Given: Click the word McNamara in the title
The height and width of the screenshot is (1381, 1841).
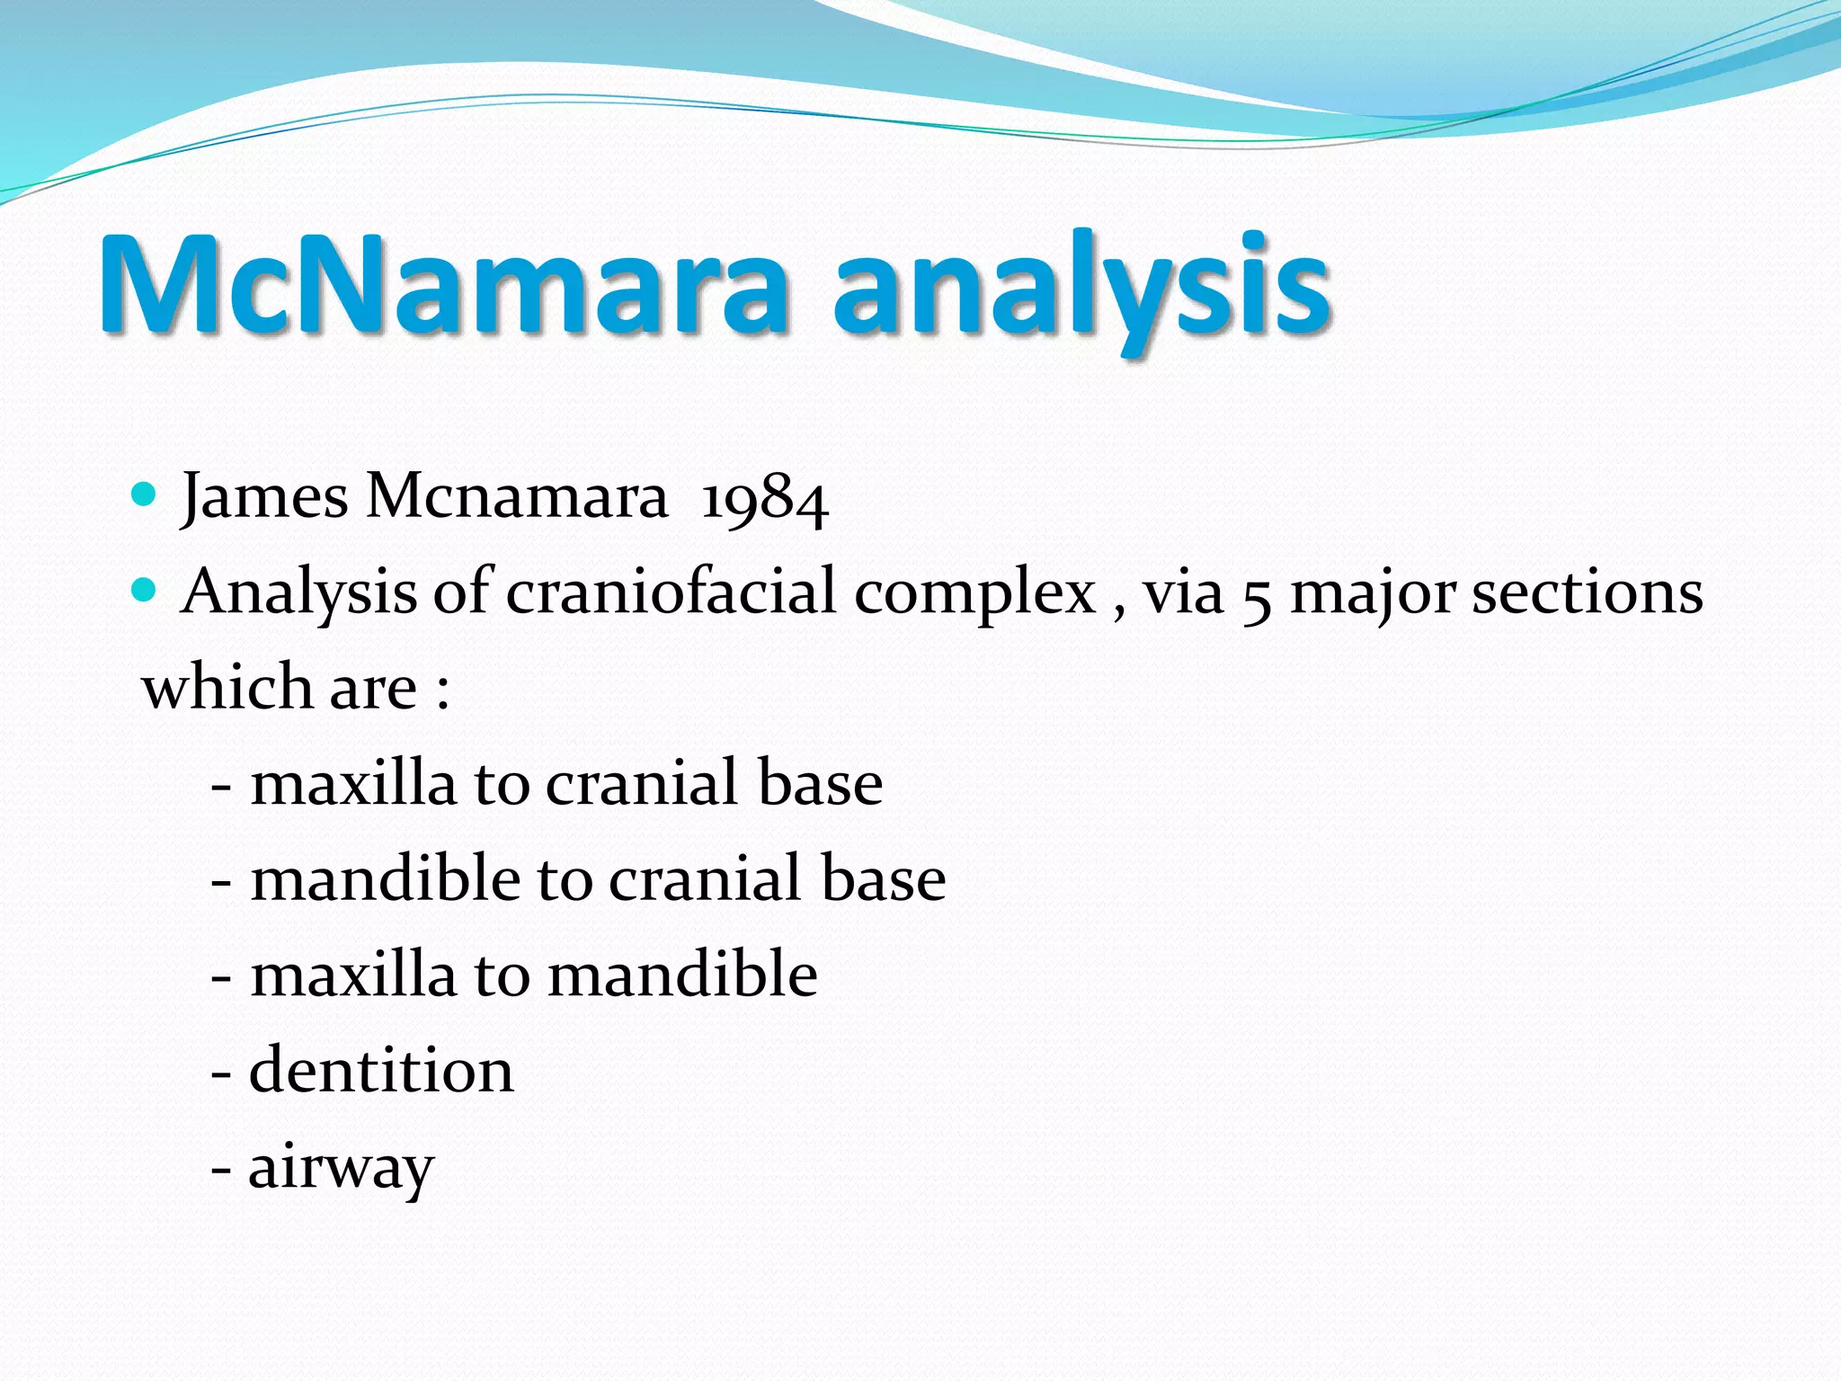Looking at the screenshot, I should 445,286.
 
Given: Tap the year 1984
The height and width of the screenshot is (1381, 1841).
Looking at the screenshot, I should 763,499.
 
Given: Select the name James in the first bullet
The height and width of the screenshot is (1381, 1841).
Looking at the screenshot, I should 264,497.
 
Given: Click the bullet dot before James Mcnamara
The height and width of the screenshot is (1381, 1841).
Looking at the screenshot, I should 144,494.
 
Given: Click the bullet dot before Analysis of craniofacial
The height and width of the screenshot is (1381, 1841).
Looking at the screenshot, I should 144,591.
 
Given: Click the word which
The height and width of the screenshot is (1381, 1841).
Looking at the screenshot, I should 227,688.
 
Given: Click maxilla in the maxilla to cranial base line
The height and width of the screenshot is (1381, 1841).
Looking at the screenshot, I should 353,783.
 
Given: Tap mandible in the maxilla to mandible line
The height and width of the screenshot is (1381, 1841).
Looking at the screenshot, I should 682,975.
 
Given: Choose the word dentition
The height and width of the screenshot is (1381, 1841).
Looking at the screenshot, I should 381,1071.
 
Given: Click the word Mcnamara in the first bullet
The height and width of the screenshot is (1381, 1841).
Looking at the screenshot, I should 517,497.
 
